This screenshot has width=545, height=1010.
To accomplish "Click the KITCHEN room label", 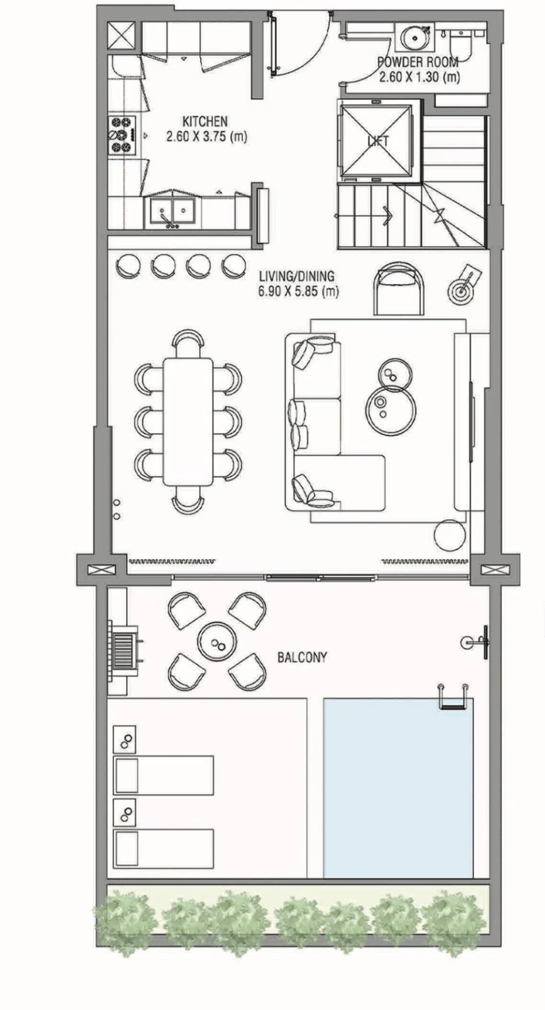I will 205,121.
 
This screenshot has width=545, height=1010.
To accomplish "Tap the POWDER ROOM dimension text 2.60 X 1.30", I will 419,77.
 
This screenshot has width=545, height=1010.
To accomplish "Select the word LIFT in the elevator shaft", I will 378,141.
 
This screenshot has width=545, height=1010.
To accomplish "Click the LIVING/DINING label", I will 296,276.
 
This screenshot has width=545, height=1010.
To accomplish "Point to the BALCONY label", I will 302,657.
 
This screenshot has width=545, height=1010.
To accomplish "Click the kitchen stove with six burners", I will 120,134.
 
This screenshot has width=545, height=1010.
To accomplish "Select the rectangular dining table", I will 188,421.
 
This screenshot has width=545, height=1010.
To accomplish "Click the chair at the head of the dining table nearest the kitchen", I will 188,343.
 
